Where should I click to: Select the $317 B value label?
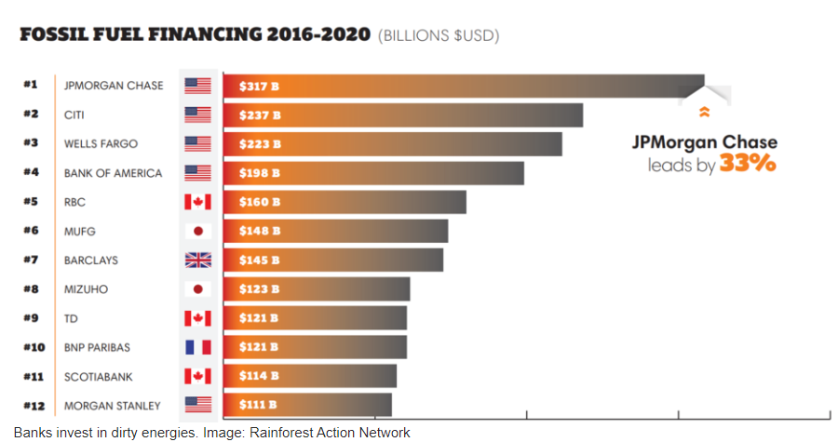click(253, 87)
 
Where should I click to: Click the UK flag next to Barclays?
click(197, 261)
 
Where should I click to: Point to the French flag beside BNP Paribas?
click(197, 347)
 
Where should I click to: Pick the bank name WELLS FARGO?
click(101, 144)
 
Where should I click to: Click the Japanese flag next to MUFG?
click(197, 231)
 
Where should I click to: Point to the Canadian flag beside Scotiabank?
click(197, 376)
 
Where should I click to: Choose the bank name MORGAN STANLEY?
click(112, 406)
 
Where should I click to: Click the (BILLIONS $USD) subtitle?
click(439, 36)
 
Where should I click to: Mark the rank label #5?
click(31, 202)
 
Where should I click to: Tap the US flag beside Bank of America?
click(197, 173)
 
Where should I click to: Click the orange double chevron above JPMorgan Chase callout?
click(704, 113)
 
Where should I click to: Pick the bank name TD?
click(71, 318)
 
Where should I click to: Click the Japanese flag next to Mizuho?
click(197, 289)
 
